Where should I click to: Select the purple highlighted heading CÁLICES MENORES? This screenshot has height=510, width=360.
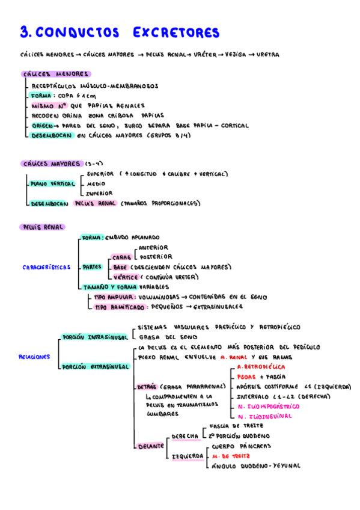pyautogui.click(x=54, y=75)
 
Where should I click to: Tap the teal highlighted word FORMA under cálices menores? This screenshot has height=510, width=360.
pyautogui.click(x=41, y=95)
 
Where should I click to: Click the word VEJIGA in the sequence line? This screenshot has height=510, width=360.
pyautogui.click(x=234, y=55)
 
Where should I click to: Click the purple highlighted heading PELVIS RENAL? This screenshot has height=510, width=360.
pyautogui.click(x=42, y=227)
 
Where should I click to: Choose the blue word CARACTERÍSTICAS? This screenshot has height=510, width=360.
pyautogui.click(x=46, y=267)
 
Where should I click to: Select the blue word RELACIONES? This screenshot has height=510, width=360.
pyautogui.click(x=34, y=357)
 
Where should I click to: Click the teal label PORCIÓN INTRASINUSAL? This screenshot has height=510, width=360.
pyautogui.click(x=94, y=337)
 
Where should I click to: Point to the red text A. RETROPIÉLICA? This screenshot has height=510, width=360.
pyautogui.click(x=261, y=366)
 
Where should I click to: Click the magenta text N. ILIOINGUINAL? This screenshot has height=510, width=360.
pyautogui.click(x=264, y=416)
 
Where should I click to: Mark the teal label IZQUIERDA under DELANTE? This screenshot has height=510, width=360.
pyautogui.click(x=188, y=456)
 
